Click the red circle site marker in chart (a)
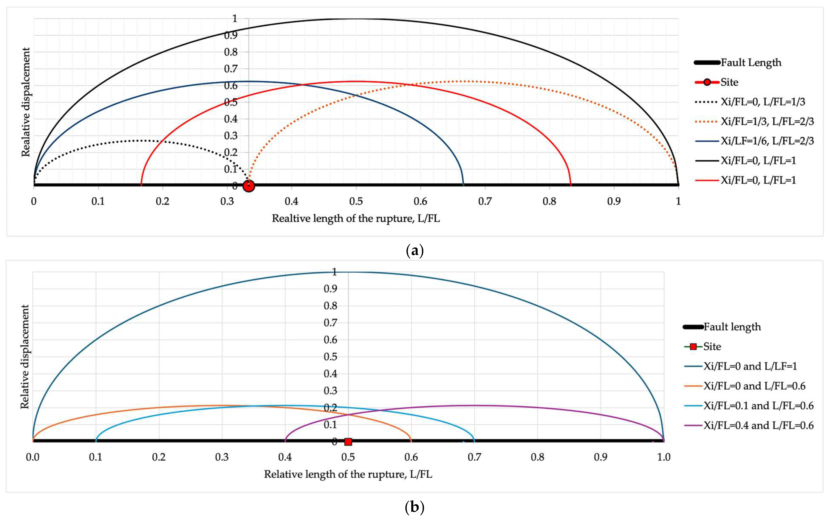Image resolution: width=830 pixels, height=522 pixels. [249, 186]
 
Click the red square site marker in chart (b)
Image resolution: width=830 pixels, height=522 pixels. [348, 442]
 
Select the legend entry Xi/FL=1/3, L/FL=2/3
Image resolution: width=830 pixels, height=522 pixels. [767, 121]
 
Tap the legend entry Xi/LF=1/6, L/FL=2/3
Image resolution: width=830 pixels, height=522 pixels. [767, 141]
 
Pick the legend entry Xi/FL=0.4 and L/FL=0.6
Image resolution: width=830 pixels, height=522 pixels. [758, 426]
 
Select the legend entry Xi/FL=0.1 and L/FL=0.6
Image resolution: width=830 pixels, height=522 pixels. [758, 406]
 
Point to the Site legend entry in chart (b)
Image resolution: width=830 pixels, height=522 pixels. [712, 347]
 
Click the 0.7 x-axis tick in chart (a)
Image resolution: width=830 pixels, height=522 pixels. [485, 201]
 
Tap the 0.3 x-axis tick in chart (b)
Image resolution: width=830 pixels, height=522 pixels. [222, 457]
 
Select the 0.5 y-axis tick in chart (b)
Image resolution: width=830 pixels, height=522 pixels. [330, 357]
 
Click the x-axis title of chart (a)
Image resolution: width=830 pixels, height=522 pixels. [356, 218]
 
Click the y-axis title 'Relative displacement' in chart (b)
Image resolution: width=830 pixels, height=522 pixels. [25, 357]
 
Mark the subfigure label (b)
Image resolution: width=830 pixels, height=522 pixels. [415, 507]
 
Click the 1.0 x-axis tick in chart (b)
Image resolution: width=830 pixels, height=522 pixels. [663, 457]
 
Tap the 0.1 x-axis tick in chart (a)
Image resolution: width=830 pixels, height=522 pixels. [98, 201]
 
